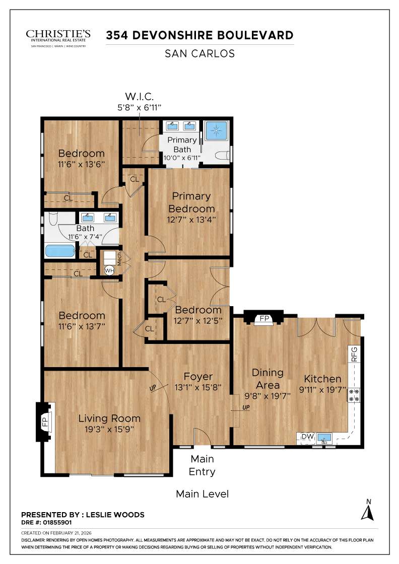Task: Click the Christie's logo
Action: tap(58, 37)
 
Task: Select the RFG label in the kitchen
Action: tap(354, 355)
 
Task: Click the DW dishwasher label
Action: tap(306, 437)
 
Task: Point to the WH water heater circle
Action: tap(109, 270)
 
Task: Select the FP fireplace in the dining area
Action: tap(263, 319)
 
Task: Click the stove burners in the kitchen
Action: tap(355, 395)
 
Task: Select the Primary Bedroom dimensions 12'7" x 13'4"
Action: tap(191, 220)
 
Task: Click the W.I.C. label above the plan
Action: tap(139, 96)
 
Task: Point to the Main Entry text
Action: tap(202, 465)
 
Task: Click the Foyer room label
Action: tap(197, 377)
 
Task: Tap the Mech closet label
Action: tap(120, 259)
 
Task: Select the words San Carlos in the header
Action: tap(199, 53)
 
